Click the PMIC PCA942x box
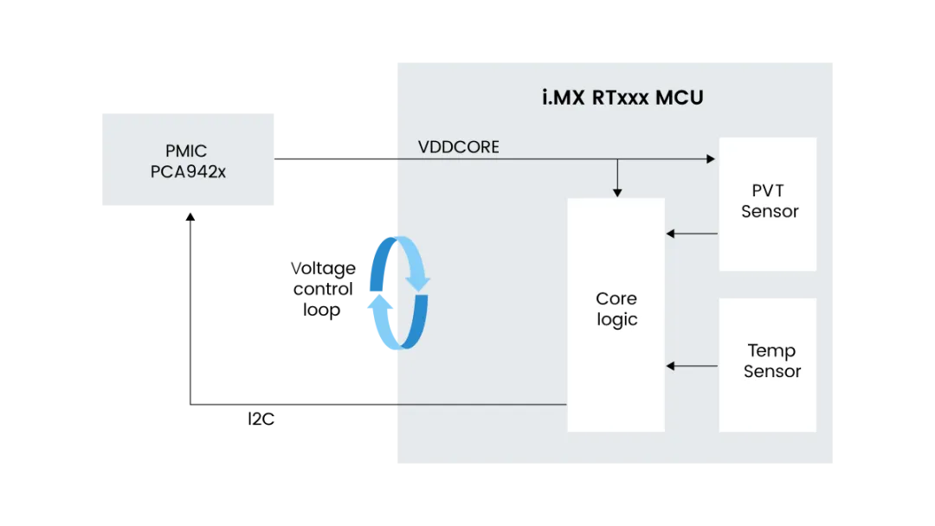coord(187,160)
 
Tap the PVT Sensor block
coord(768,204)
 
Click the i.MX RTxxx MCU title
coord(622,97)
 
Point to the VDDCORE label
coord(458,147)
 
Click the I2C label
coord(261,420)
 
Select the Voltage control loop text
coord(322,289)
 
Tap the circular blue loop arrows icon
coord(399,292)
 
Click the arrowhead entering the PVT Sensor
coord(711,158)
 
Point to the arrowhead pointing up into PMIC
coord(190,219)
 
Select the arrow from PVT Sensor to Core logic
coord(692,234)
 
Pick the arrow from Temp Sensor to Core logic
coord(692,366)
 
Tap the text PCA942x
coord(187,171)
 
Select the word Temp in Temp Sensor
coord(771,350)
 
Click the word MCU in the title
coord(679,97)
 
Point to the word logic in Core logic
coord(616,319)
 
